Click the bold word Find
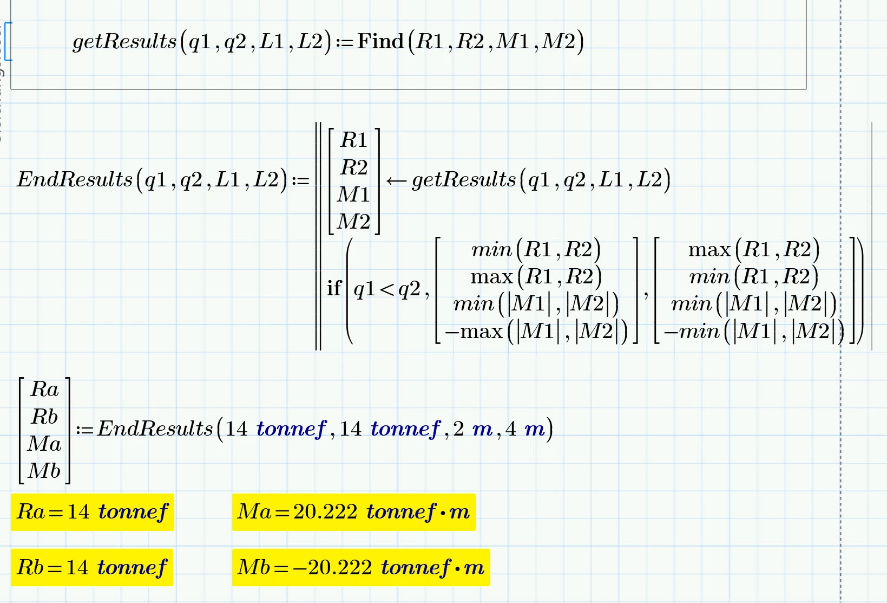point(380,41)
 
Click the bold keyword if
point(334,288)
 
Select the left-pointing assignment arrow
point(397,181)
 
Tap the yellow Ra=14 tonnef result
point(92,512)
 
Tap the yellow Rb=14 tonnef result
point(92,567)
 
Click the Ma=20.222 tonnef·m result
point(353,512)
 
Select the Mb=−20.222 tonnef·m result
point(361,567)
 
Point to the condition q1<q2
point(387,289)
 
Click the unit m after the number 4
point(535,429)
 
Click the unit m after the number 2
point(483,429)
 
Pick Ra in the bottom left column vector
point(44,390)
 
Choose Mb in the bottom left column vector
point(44,471)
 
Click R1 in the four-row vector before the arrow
point(353,140)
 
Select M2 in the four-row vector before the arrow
point(353,222)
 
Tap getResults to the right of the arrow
point(464,180)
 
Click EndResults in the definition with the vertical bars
point(75,179)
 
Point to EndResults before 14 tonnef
point(155,429)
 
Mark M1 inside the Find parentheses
point(513,41)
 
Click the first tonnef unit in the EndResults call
point(291,429)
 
